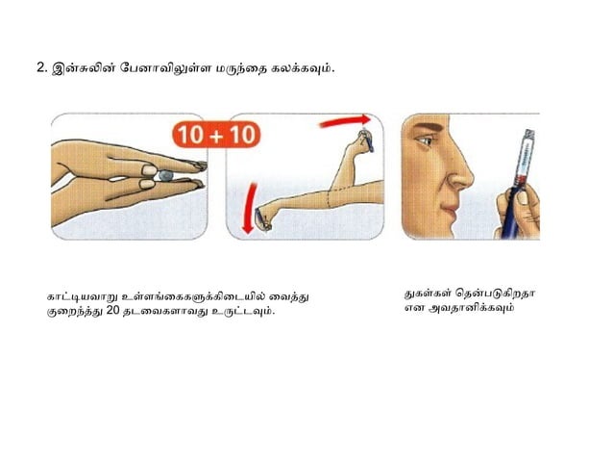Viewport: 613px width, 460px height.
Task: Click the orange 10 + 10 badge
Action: (x=216, y=133)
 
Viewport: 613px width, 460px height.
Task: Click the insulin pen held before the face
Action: (x=518, y=178)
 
